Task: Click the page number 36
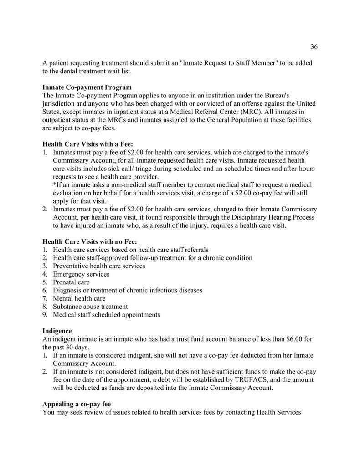pyautogui.click(x=314, y=46)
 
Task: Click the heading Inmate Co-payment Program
pyautogui.click(x=87, y=87)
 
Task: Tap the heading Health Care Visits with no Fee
pyautogui.click(x=90, y=241)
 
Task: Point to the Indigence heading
pyautogui.click(x=57, y=331)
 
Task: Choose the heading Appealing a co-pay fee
pyautogui.click(x=77, y=404)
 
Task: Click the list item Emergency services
pyautogui.click(x=81, y=274)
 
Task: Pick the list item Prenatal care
pyautogui.click(x=71, y=282)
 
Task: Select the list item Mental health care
pyautogui.click(x=79, y=299)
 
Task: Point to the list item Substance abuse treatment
pyautogui.click(x=90, y=307)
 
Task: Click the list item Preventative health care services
pyautogui.click(x=99, y=266)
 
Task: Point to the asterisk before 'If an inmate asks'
pyautogui.click(x=55, y=185)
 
